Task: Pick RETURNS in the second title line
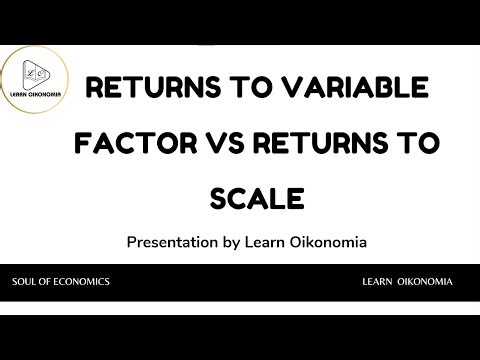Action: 319,145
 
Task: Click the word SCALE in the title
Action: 257,198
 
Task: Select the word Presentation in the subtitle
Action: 172,242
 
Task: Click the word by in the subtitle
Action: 232,242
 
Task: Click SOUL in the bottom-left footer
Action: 26,282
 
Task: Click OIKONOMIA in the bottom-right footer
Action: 428,282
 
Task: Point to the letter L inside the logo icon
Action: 34,74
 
